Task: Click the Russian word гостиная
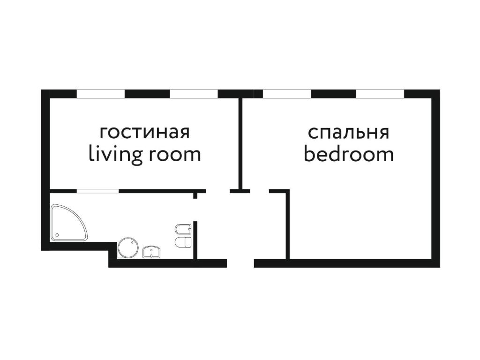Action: click(145, 133)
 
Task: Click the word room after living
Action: click(175, 155)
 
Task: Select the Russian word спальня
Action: click(348, 133)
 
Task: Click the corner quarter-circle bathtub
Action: click(68, 223)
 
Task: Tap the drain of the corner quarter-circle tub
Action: click(57, 235)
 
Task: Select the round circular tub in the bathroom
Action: click(128, 247)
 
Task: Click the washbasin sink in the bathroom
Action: click(152, 252)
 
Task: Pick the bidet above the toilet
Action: click(183, 229)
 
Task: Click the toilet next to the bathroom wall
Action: click(183, 242)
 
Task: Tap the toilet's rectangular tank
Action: click(188, 242)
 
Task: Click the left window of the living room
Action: click(101, 94)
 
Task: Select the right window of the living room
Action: click(194, 94)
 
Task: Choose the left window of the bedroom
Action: click(287, 94)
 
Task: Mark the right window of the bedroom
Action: click(380, 94)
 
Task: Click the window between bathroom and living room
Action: click(97, 191)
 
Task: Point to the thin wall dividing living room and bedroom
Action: click(240, 144)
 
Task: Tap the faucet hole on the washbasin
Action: click(152, 249)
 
